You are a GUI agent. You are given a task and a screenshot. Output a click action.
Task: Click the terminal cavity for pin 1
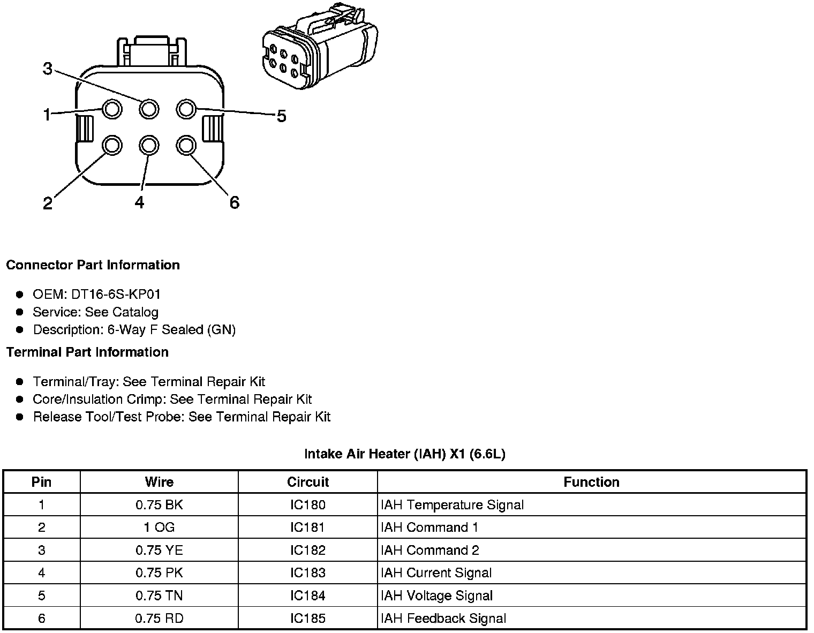coord(112,109)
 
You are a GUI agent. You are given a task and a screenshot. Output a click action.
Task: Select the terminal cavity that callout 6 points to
coord(186,145)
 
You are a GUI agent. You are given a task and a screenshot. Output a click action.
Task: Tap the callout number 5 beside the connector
coord(281,116)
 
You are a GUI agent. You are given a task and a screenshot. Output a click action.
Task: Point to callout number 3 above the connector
coord(48,69)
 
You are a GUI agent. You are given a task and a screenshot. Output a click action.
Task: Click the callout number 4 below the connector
coord(139,202)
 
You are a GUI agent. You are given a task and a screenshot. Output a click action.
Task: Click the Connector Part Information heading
coord(93,265)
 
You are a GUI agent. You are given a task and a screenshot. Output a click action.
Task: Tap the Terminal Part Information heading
coord(87,352)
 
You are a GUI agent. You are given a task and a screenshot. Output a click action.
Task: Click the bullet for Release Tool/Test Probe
coord(20,417)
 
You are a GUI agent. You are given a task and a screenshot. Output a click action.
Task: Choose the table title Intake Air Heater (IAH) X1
coord(404,454)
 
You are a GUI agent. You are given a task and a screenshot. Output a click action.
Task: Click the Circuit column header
coord(308,482)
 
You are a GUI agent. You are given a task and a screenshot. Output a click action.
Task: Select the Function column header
coord(591,482)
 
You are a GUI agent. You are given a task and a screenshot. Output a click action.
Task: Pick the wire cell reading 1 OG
coord(159,527)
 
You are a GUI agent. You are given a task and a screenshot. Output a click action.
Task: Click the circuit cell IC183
coord(308,573)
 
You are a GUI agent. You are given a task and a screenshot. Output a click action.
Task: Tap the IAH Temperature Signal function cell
coord(452,505)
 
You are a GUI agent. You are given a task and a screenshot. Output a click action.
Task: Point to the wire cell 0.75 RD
coord(159,619)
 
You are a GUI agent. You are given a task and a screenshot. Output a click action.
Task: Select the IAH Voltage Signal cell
coord(436,596)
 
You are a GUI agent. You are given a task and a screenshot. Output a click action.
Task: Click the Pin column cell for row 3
coord(42,551)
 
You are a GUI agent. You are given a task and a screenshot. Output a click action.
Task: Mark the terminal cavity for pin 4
coord(149,145)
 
